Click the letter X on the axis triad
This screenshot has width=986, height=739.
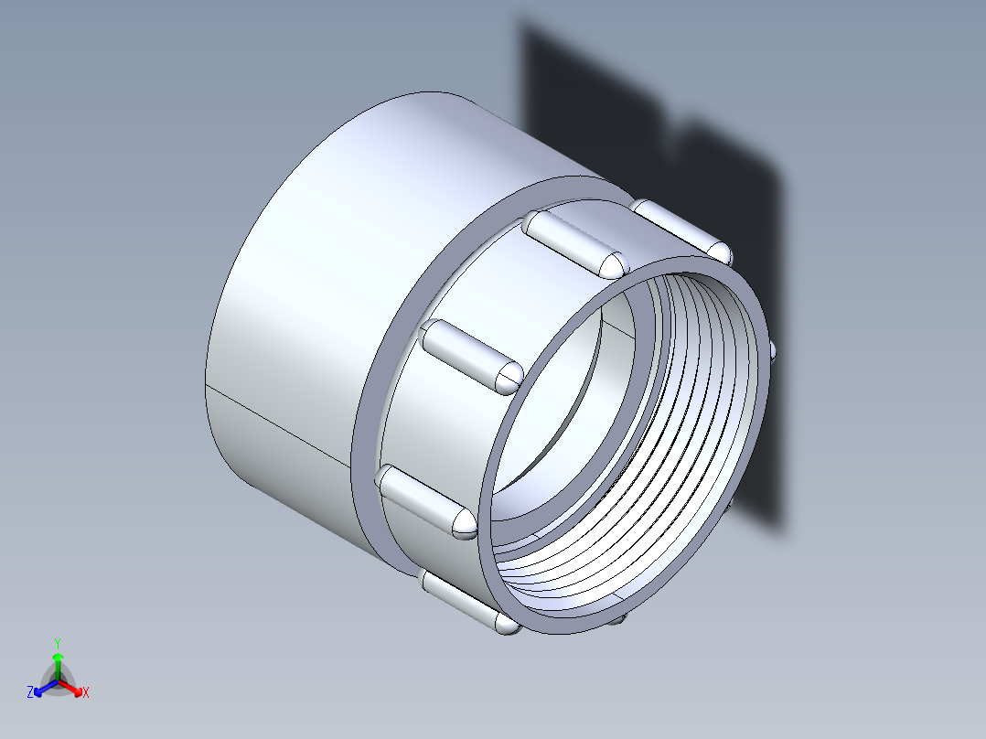click(86, 693)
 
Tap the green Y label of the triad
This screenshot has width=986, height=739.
click(58, 643)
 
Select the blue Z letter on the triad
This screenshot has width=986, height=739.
click(30, 693)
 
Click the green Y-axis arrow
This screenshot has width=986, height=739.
click(58, 660)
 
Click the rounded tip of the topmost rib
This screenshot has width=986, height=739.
click(611, 263)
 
